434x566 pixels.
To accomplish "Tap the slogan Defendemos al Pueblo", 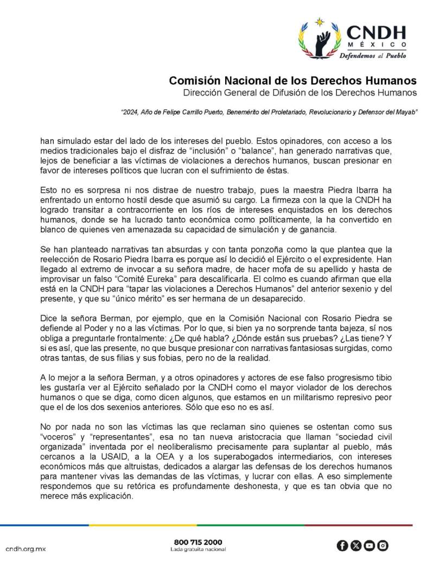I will [x=373, y=55].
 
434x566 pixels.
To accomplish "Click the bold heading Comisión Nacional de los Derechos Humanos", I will [x=293, y=81].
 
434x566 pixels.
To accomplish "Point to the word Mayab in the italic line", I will [x=405, y=112].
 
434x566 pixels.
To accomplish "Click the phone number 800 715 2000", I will [x=198, y=542].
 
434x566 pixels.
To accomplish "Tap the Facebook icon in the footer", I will [x=342, y=545].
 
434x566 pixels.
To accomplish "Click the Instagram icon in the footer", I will [x=382, y=545].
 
